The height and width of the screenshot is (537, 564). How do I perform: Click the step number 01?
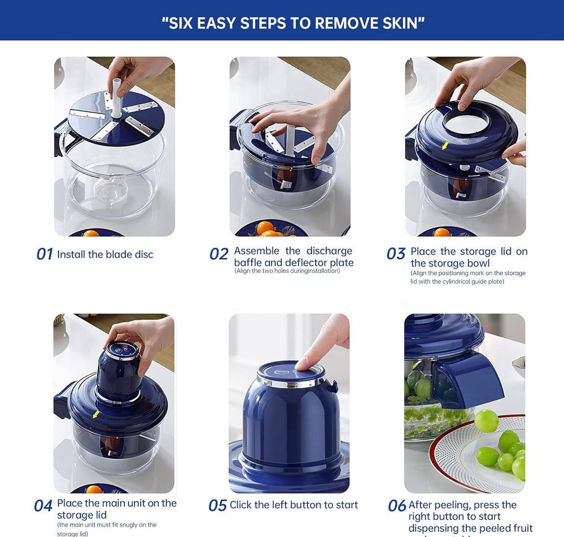(44, 254)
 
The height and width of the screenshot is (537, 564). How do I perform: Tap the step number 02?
(218, 254)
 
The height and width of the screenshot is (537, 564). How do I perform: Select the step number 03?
(396, 254)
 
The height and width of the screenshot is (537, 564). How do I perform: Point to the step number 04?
(43, 506)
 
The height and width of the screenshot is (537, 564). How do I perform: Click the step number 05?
(217, 506)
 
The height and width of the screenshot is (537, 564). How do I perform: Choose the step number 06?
(397, 506)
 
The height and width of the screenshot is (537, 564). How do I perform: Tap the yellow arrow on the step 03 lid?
(445, 145)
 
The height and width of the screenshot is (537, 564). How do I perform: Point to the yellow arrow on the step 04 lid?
(96, 415)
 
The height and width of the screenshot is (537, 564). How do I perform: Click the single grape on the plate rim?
(486, 421)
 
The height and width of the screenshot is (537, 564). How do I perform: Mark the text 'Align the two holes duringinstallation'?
(287, 271)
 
